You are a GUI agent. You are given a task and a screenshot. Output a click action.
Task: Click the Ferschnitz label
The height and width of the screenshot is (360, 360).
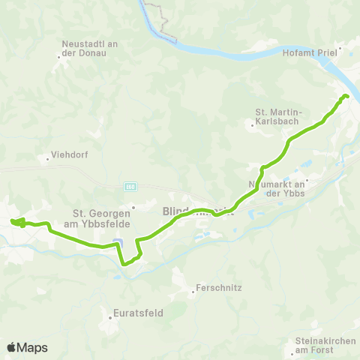click(x=217, y=287)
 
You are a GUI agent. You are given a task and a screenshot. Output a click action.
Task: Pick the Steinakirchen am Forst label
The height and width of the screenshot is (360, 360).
click(x=323, y=346)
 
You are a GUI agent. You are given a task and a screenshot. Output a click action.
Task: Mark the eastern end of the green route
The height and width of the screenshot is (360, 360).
click(x=346, y=96)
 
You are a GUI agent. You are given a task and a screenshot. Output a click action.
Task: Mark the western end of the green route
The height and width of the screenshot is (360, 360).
click(x=13, y=221)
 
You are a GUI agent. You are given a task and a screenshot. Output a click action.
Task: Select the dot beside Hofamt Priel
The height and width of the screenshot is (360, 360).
click(x=340, y=53)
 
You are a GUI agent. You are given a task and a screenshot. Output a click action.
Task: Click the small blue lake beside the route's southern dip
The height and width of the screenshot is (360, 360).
click(x=116, y=242)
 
